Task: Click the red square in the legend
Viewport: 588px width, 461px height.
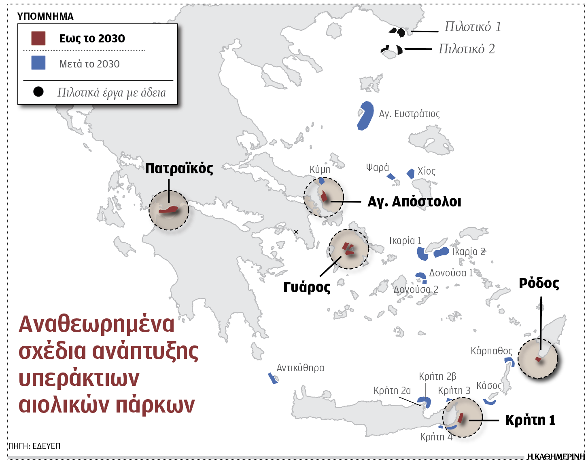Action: tap(38, 38)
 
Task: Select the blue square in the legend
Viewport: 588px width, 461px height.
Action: tap(38, 63)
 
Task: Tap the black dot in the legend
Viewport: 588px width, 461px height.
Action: tap(38, 92)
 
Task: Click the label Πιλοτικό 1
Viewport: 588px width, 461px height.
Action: tap(473, 27)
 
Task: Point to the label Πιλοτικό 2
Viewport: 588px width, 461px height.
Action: tap(467, 49)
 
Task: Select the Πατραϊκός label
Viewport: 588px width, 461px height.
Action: tap(179, 168)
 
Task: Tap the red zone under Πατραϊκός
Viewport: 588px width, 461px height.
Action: tap(169, 210)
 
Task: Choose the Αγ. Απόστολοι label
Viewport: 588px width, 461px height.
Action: tap(414, 201)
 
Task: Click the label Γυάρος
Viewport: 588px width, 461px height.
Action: tap(307, 287)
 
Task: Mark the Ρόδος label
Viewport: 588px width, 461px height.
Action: tap(539, 283)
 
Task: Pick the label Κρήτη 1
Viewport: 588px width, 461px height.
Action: tap(530, 420)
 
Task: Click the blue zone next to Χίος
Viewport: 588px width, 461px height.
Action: tap(411, 174)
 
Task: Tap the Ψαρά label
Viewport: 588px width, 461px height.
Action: tap(377, 167)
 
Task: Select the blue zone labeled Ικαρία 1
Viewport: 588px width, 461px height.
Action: tap(422, 254)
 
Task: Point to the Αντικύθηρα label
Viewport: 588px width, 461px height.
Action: tap(300, 368)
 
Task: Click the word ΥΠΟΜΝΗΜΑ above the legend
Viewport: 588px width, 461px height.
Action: tap(45, 17)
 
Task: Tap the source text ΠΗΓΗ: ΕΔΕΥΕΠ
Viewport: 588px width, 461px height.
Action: tap(34, 446)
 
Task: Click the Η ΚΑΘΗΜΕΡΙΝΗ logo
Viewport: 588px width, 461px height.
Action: tap(557, 456)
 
